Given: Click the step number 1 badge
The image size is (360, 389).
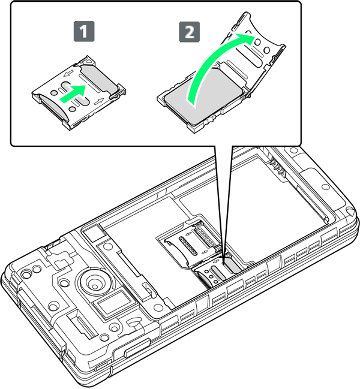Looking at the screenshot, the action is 84,31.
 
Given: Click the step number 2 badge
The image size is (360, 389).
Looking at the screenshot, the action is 190,31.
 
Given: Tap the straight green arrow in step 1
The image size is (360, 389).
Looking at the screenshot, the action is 73,94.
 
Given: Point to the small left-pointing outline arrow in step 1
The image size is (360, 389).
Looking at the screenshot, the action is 68,74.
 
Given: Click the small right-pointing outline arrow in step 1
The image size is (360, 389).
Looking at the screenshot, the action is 100,101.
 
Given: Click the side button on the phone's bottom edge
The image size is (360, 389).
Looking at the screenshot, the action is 137,347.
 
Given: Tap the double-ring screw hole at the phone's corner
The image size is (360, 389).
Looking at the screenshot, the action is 25,274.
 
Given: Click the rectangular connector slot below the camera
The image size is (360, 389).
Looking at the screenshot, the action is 82,325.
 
